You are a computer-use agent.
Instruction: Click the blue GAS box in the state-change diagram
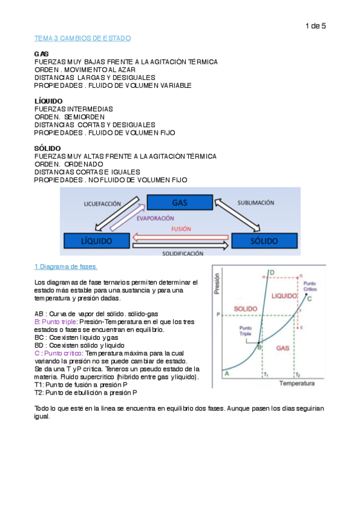pyautogui.click(x=179, y=202)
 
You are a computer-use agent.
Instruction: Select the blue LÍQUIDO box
pyautogui.click(x=96, y=241)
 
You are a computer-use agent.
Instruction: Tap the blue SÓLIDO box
pyautogui.click(x=263, y=241)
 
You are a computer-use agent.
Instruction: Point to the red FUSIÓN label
pyautogui.click(x=182, y=229)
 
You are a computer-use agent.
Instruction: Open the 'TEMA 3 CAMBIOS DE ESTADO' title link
pyautogui.click(x=82, y=38)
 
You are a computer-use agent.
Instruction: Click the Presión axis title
pyautogui.click(x=217, y=291)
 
